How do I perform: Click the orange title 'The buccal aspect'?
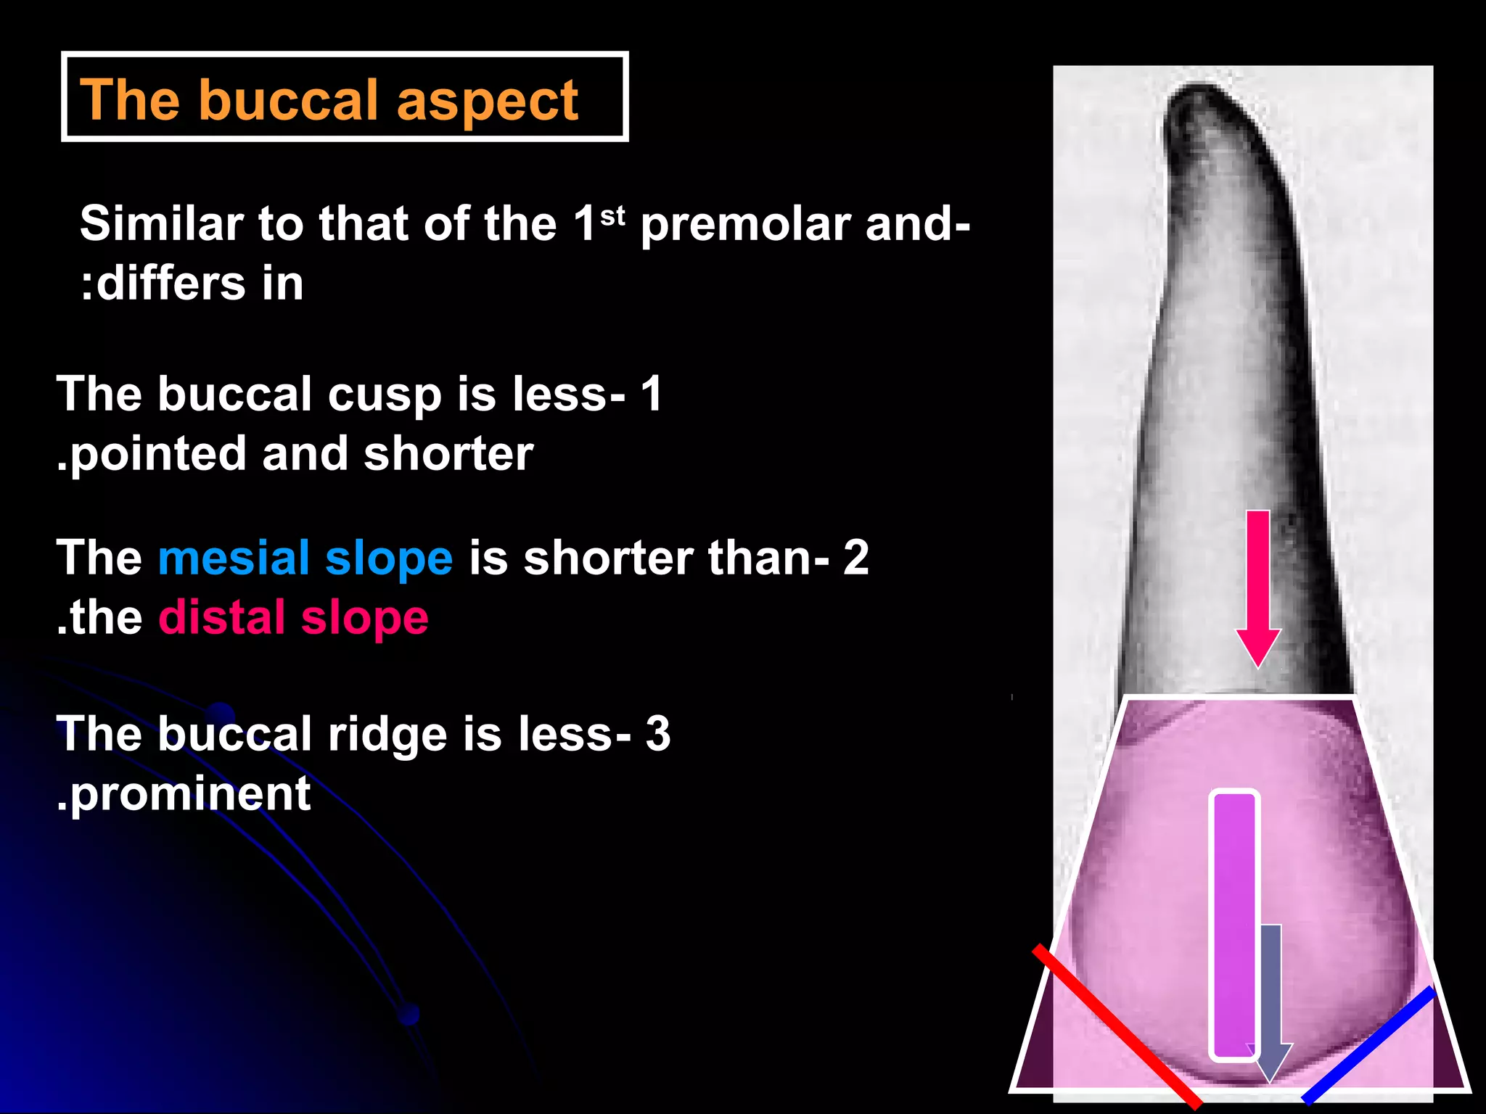pyautogui.click(x=329, y=99)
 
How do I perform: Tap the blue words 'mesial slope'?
pyautogui.click(x=305, y=558)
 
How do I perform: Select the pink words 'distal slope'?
pyautogui.click(x=293, y=617)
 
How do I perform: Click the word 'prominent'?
pyautogui.click(x=190, y=793)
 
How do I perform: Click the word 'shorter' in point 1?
pyautogui.click(x=448, y=454)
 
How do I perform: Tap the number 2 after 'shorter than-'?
pyautogui.click(x=855, y=558)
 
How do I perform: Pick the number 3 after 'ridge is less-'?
pyautogui.click(x=658, y=733)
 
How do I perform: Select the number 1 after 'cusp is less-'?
pyautogui.click(x=651, y=394)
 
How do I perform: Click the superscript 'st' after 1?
pyautogui.click(x=612, y=215)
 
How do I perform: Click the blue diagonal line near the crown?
pyautogui.click(x=1368, y=1044)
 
